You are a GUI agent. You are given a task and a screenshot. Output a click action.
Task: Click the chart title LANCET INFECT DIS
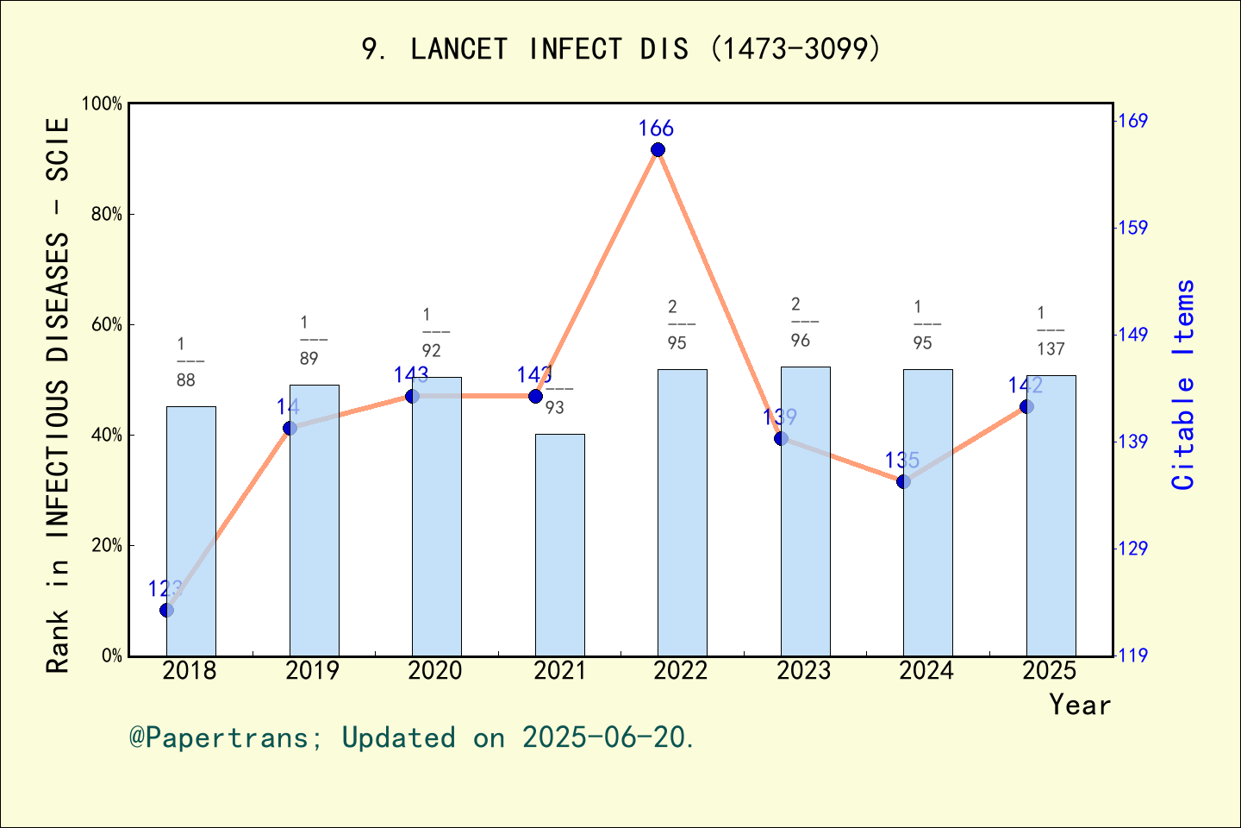[620, 48]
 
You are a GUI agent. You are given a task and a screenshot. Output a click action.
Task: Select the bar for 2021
[559, 544]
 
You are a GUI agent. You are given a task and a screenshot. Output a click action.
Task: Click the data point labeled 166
[658, 150]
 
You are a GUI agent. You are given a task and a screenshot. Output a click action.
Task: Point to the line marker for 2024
[903, 481]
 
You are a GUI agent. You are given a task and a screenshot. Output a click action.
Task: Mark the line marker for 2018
[166, 611]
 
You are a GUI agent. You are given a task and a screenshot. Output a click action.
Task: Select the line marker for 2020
[412, 396]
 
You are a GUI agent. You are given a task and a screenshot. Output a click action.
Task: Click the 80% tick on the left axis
[107, 215]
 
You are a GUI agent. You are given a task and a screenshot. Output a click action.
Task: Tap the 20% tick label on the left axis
[107, 546]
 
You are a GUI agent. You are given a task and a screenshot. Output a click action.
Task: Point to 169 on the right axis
[1132, 121]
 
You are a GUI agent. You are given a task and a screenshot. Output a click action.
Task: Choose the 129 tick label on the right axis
[1132, 549]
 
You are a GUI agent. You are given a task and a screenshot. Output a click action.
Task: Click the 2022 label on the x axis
[681, 671]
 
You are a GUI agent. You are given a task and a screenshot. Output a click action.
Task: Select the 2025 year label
[1050, 671]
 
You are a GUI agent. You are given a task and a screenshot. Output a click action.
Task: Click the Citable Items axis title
[1184, 384]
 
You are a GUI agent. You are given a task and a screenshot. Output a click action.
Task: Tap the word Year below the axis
[1080, 706]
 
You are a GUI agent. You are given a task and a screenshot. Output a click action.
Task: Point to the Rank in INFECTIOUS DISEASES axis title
[57, 395]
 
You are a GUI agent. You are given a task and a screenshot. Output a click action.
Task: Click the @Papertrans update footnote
[412, 738]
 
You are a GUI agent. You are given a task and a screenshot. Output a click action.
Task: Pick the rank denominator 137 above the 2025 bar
[1051, 349]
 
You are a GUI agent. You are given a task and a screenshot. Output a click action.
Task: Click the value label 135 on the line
[901, 461]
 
